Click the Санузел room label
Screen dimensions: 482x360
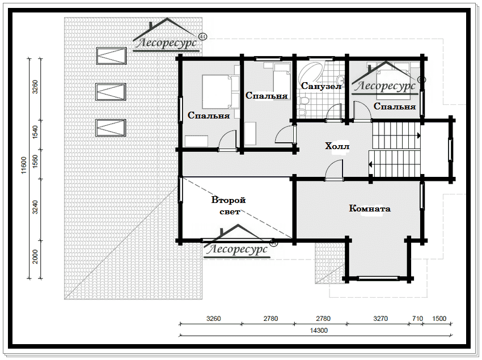click(321, 86)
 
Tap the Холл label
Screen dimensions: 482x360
click(337, 146)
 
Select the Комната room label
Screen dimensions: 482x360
click(370, 209)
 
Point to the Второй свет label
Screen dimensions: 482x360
click(229, 206)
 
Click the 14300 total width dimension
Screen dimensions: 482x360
click(319, 331)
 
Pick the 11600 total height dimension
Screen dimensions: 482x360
click(24, 166)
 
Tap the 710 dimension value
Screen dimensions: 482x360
click(417, 319)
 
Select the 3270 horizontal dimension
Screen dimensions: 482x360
click(380, 319)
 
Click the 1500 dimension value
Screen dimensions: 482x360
click(439, 319)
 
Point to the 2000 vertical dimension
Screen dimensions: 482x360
click(35, 257)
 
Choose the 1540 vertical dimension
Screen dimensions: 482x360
click(35, 132)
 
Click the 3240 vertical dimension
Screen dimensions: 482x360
click(35, 207)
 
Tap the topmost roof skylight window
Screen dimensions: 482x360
click(111, 56)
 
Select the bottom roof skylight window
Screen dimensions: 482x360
click(111, 128)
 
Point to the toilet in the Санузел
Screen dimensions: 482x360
click(302, 101)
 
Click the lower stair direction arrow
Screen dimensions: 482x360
click(371, 164)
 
